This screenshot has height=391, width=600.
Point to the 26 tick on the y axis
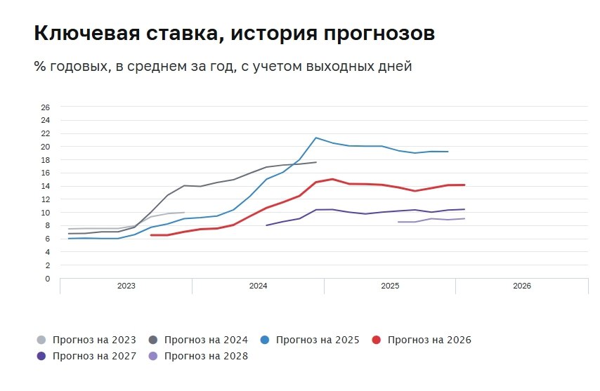46,107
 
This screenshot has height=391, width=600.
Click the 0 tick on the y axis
48,279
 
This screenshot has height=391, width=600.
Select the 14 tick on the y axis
46,186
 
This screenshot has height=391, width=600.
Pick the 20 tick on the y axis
46,147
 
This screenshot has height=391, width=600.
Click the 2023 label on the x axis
126,286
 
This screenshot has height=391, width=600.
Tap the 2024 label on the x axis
258,286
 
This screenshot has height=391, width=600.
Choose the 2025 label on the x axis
390,286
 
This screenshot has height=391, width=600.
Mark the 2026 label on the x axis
522,286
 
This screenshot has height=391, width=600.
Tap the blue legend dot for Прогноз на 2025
265,340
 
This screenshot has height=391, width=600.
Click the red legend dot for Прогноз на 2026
377,340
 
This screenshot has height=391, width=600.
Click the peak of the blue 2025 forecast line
316,138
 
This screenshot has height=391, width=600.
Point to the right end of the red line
464,185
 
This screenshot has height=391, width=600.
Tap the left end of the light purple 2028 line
398,222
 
